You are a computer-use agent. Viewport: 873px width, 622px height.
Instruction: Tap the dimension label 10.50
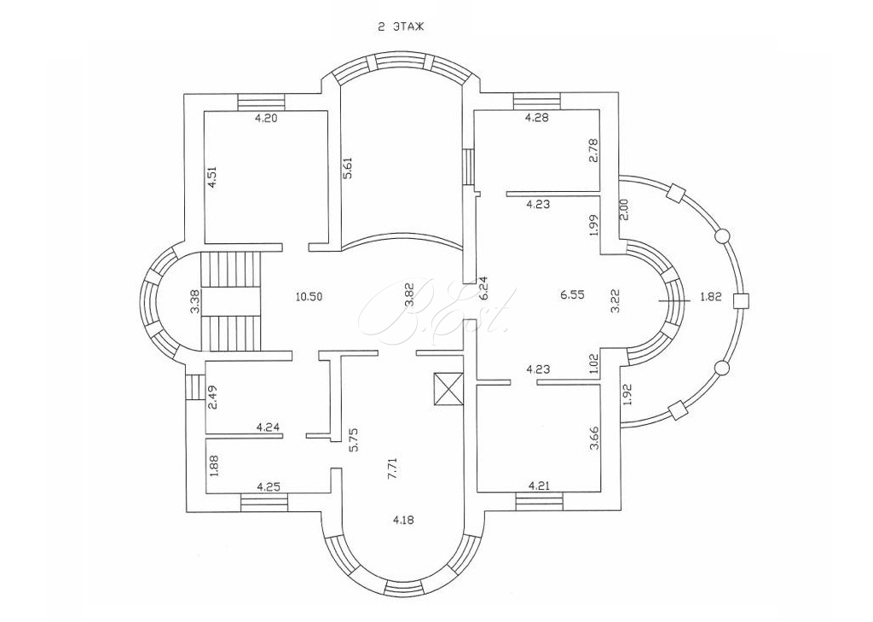309,296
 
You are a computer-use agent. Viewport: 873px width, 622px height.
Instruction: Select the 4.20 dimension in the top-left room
266,118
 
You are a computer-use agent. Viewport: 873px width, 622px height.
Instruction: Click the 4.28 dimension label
538,118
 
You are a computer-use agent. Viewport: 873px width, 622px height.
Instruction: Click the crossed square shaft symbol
448,388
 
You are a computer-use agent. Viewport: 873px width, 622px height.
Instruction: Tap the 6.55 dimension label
572,296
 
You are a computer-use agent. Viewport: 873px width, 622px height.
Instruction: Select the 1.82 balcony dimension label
711,297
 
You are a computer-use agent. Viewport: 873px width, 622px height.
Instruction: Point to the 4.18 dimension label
403,520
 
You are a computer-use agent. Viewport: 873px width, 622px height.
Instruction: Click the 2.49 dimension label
212,398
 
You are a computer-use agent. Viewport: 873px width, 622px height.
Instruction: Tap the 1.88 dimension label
212,466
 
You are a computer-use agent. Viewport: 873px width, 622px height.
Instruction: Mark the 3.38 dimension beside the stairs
194,303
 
